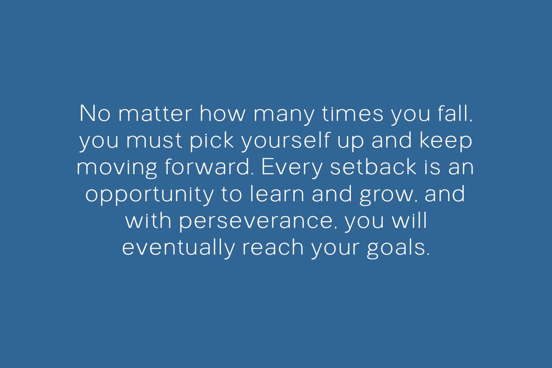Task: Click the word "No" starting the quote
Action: tap(95, 114)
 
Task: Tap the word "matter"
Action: tap(155, 114)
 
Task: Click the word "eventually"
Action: tap(178, 248)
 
